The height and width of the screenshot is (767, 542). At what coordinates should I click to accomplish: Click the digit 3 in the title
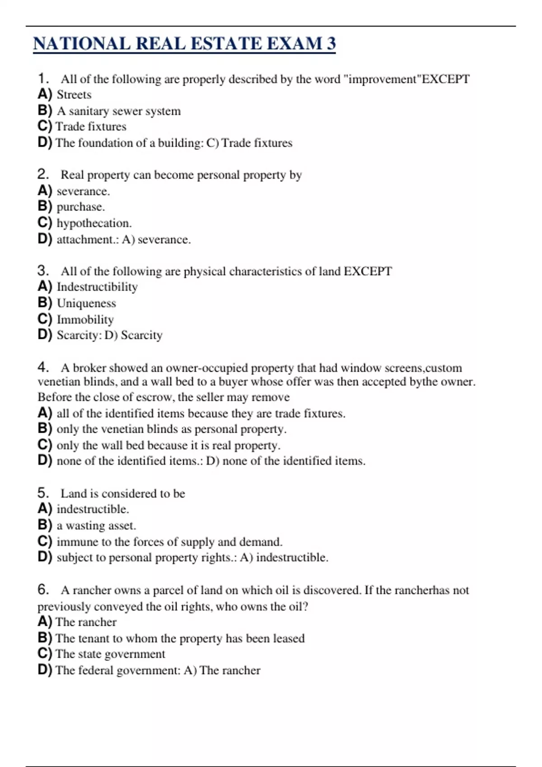(x=331, y=43)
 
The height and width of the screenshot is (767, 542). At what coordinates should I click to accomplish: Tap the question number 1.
(x=42, y=79)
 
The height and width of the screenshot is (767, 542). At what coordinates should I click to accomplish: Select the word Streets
(x=74, y=95)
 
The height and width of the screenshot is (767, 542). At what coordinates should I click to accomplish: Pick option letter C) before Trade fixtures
(x=45, y=126)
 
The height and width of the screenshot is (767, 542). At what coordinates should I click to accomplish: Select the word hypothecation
(x=93, y=223)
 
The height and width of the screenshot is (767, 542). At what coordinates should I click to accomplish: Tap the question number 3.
(x=42, y=271)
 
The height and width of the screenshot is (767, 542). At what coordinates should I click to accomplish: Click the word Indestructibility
(x=97, y=287)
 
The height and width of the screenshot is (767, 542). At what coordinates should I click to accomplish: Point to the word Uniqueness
(x=86, y=303)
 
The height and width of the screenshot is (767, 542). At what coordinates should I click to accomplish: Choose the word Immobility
(x=85, y=319)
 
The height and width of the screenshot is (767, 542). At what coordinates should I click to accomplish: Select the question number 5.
(x=42, y=493)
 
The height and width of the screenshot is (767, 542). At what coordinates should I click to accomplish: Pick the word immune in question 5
(x=74, y=541)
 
